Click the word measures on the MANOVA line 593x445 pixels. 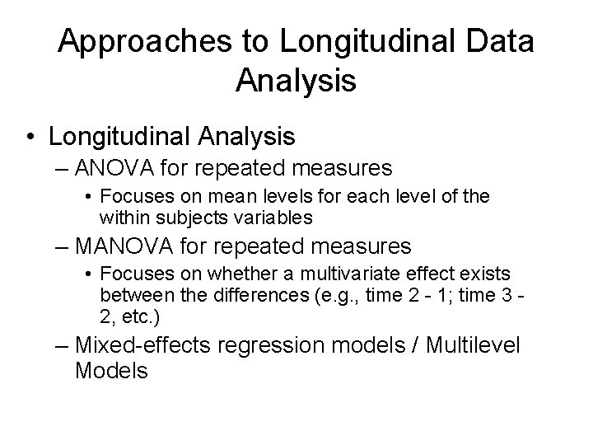click(x=365, y=246)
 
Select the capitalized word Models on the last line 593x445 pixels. click(x=111, y=371)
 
